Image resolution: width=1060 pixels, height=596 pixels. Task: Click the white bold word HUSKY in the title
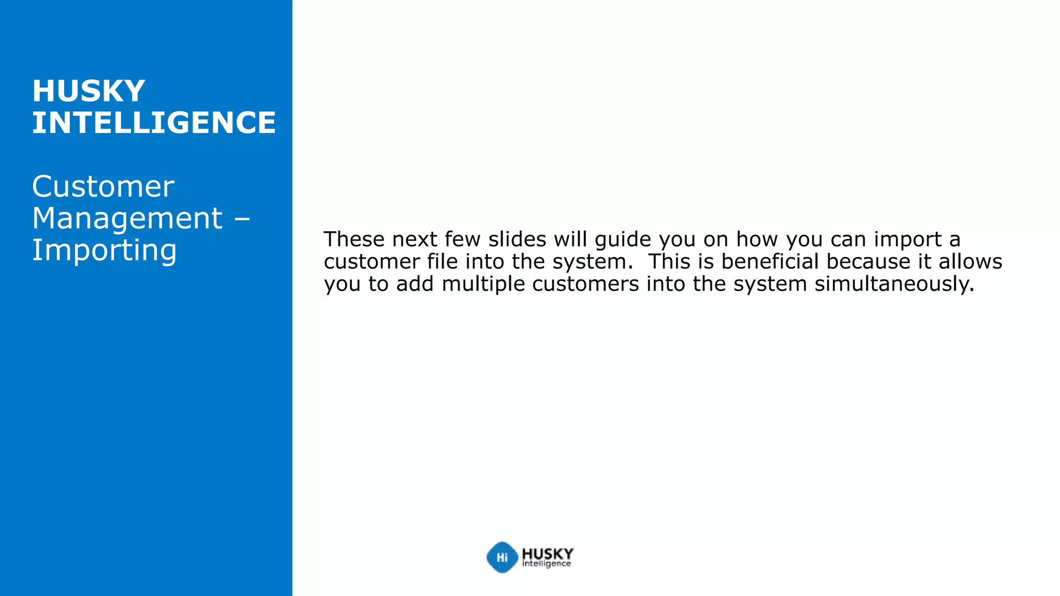click(89, 91)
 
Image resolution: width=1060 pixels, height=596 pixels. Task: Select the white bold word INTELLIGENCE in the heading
click(154, 123)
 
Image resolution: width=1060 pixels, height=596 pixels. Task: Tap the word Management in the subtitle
click(127, 218)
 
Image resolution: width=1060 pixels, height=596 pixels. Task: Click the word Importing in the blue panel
click(105, 250)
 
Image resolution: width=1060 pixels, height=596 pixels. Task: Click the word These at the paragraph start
click(355, 240)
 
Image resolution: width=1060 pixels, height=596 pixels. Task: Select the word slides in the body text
click(517, 240)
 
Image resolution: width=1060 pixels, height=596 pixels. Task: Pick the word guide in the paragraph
click(623, 240)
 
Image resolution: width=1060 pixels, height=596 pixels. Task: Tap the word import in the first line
click(908, 240)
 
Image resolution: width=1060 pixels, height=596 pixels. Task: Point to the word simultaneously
click(894, 284)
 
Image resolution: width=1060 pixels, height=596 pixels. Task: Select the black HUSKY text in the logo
click(548, 554)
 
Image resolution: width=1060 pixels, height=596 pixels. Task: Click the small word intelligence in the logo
click(547, 564)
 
